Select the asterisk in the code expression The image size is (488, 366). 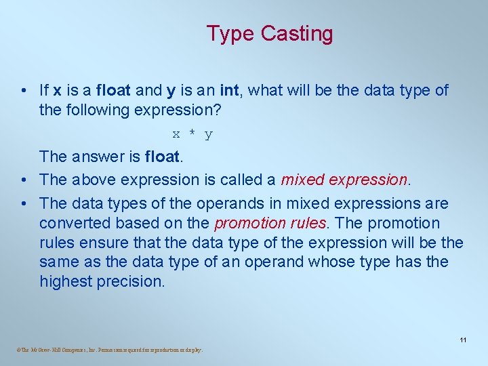(192, 134)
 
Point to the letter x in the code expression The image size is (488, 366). (176, 134)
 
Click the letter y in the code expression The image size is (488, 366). (209, 135)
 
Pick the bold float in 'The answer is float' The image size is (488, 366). (163, 157)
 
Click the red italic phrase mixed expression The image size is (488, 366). (344, 180)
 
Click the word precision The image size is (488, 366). (133, 281)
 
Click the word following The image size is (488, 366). (96, 110)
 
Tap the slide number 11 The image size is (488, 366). (463, 340)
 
